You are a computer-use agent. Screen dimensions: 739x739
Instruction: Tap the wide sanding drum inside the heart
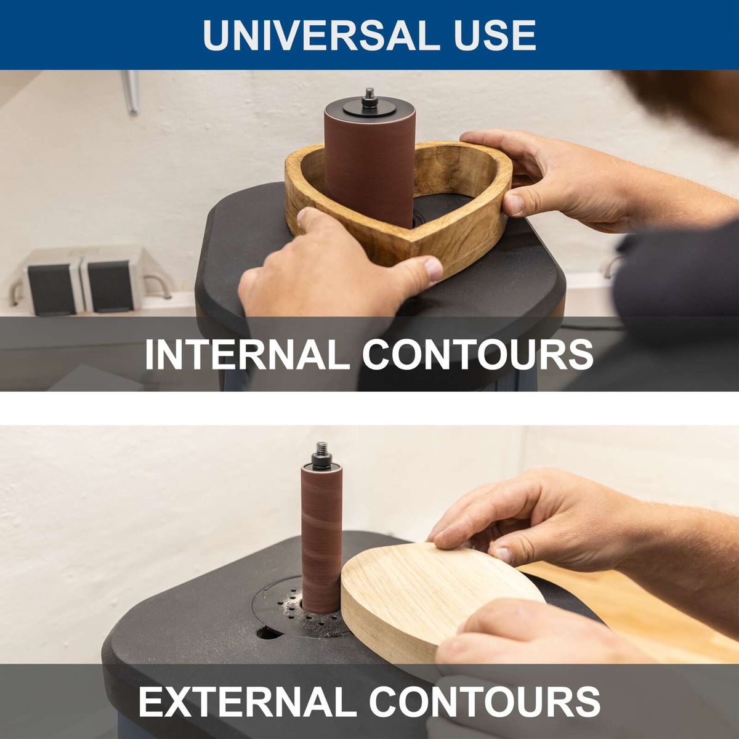[x=369, y=166]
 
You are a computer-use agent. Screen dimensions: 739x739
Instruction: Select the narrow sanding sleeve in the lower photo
[x=321, y=542]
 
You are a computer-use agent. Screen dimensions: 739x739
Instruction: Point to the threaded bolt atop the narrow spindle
[x=321, y=450]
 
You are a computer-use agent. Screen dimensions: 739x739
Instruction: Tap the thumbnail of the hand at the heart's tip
[x=433, y=269]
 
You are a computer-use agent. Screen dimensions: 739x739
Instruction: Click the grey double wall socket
[x=80, y=283]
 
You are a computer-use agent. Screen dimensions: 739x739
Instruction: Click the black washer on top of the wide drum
[x=369, y=109]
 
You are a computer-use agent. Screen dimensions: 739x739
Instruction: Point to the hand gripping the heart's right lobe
[x=554, y=179]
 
